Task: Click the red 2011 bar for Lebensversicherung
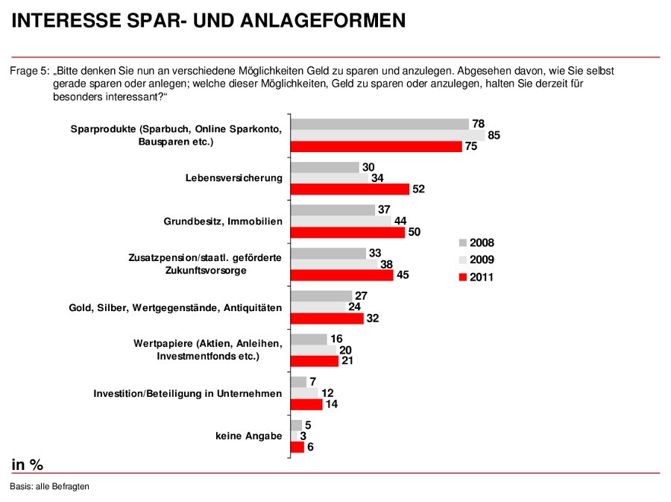[350, 189]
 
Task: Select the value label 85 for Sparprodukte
[493, 136]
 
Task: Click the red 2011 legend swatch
[462, 277]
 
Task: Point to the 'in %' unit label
[28, 465]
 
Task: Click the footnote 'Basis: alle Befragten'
[50, 486]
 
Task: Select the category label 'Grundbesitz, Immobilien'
[223, 222]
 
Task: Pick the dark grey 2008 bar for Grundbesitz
[333, 210]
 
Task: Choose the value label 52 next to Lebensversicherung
[418, 189]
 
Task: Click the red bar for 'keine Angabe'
[297, 448]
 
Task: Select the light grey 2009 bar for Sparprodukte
[388, 136]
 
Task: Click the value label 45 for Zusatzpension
[402, 275]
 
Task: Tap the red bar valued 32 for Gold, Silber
[327, 319]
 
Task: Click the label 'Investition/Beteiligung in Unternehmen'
[187, 393]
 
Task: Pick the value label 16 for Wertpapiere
[336, 339]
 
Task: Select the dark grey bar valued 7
[298, 382]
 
